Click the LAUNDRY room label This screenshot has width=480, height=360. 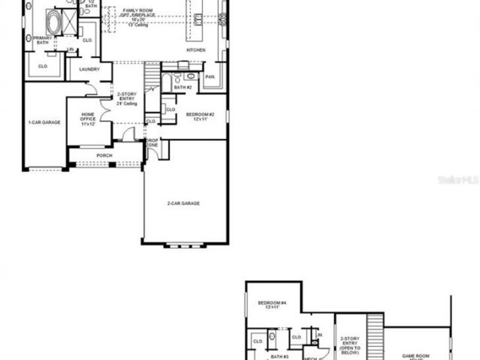(90, 69)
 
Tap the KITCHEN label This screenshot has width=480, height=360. (196, 50)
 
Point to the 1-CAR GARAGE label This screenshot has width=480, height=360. (44, 123)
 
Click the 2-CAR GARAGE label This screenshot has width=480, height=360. (183, 203)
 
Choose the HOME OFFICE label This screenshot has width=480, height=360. (88, 119)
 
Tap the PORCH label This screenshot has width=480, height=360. (104, 156)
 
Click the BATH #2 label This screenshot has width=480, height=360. (183, 87)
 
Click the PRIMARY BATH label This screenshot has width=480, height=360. (42, 41)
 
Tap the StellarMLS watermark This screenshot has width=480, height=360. (458, 180)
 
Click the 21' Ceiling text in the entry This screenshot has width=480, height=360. (127, 103)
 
